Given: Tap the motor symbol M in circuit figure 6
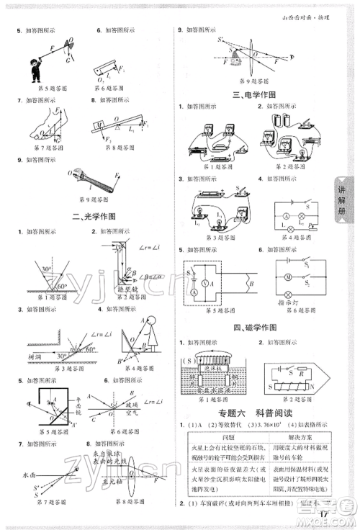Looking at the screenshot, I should [287, 277].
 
